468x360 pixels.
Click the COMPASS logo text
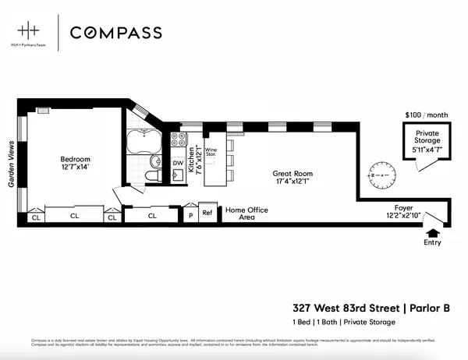tap(116, 33)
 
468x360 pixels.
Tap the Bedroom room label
tap(75, 160)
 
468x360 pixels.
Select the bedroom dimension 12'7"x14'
tap(75, 168)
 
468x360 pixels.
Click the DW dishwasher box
tap(177, 163)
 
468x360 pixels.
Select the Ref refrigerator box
tap(207, 212)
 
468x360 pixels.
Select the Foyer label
tap(403, 207)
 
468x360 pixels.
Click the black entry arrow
tap(432, 231)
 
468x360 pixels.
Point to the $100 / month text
tap(426, 115)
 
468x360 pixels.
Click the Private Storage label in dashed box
tap(426, 136)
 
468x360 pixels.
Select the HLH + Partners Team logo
tap(31, 34)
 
